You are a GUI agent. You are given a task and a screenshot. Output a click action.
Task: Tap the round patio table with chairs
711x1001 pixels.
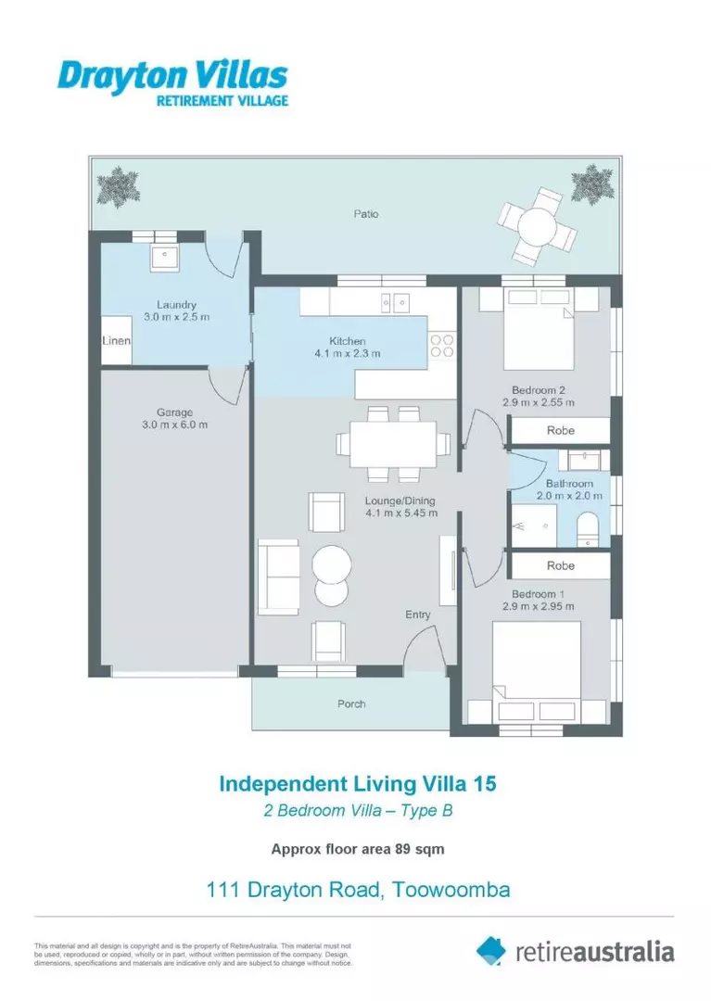click(536, 224)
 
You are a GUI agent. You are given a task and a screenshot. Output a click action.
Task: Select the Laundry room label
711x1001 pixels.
click(176, 305)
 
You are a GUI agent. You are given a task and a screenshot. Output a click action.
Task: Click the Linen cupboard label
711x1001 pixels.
click(116, 341)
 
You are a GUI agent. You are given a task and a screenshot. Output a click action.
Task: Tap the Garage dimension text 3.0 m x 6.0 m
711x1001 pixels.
click(174, 424)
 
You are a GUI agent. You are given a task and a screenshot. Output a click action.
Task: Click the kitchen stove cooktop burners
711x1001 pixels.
click(441, 345)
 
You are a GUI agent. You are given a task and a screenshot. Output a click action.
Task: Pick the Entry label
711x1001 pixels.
click(418, 615)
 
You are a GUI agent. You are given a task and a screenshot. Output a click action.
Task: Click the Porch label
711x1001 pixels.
click(350, 703)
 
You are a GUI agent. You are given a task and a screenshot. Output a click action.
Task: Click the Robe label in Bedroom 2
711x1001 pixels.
click(560, 431)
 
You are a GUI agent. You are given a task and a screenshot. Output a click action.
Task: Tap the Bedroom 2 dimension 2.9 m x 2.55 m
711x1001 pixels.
click(543, 402)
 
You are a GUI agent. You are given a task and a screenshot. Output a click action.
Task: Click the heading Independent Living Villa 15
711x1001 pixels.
click(357, 783)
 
